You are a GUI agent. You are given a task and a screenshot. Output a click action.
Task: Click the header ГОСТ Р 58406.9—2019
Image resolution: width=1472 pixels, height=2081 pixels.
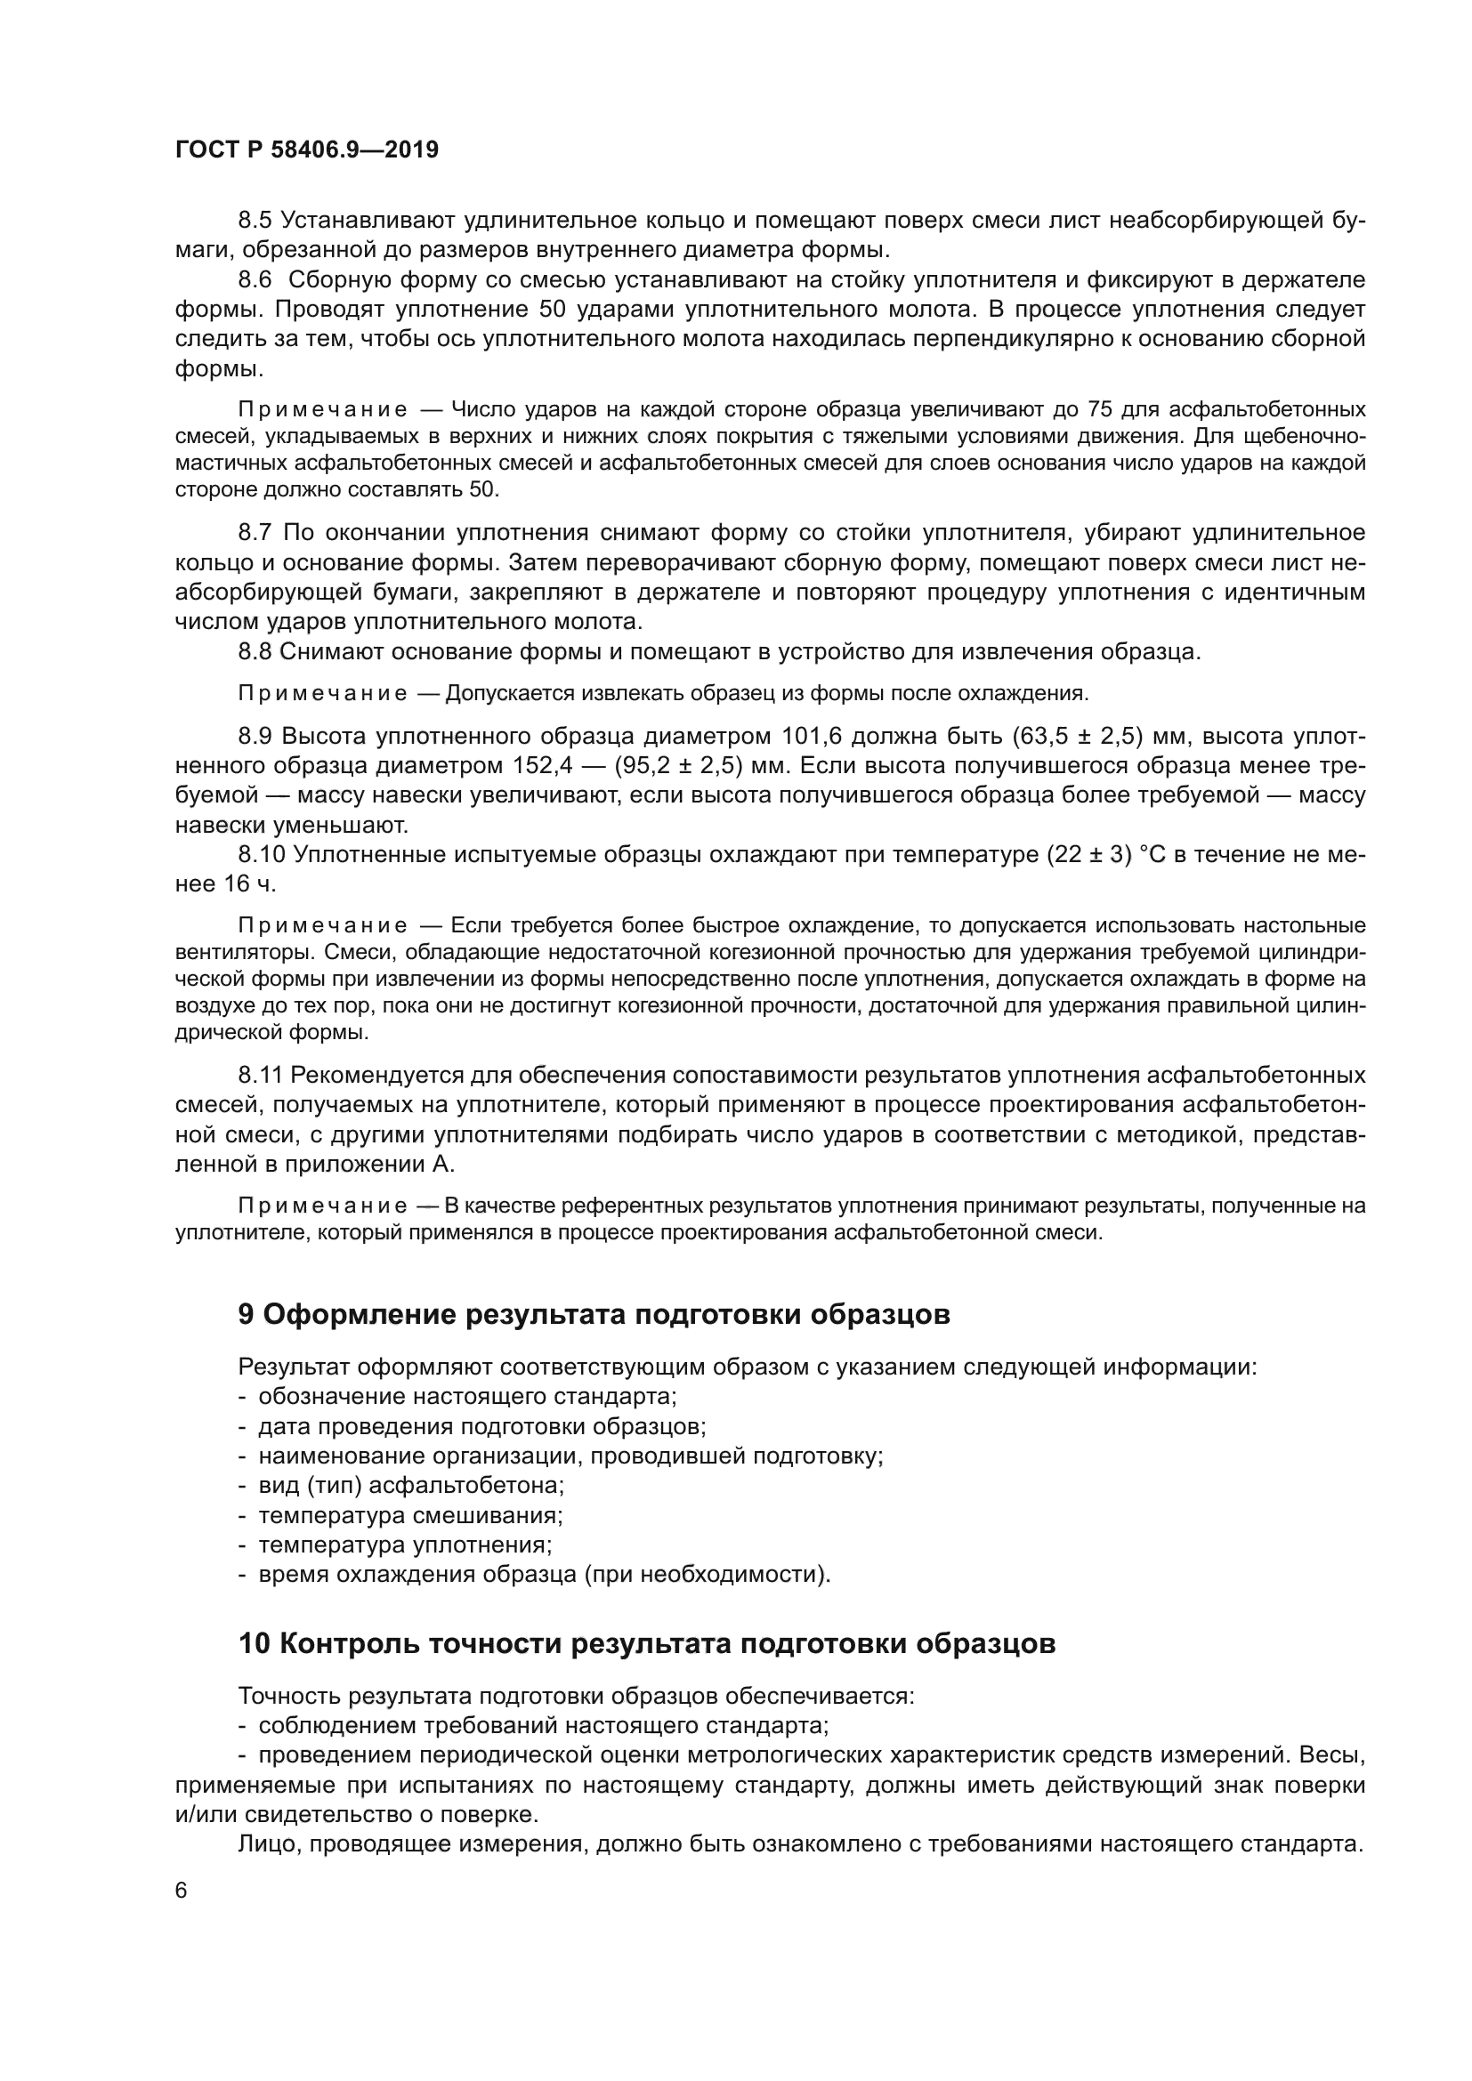click(x=306, y=150)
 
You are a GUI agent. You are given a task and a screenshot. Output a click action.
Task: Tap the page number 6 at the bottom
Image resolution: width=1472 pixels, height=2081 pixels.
click(x=182, y=1891)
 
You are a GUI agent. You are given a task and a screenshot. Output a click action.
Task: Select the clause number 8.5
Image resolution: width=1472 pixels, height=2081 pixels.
click(x=255, y=221)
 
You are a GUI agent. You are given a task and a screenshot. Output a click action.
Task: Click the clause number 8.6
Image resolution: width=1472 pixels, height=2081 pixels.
click(x=255, y=280)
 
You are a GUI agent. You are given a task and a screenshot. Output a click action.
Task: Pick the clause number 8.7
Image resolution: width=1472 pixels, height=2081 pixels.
click(x=255, y=532)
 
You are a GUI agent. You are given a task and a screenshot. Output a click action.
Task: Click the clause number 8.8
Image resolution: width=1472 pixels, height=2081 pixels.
click(x=255, y=651)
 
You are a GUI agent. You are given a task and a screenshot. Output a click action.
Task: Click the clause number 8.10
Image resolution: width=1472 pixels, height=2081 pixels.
click(x=262, y=855)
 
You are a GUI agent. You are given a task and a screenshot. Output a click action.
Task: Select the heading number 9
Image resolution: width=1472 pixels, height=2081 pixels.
click(x=246, y=1315)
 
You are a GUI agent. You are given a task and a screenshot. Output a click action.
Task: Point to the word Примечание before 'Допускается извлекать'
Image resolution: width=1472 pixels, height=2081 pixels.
click(x=322, y=694)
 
